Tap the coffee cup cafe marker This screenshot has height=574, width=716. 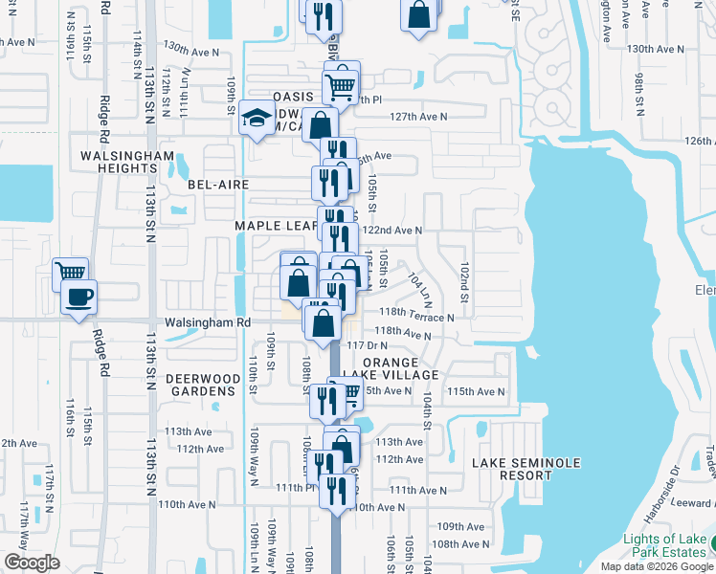click(78, 296)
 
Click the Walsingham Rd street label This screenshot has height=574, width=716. click(207, 323)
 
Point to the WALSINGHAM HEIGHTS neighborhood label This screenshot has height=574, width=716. click(127, 162)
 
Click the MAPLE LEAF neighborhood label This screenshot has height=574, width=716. click(276, 226)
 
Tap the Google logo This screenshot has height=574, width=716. click(32, 563)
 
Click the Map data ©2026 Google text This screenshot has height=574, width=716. click(657, 566)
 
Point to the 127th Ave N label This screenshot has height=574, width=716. click(418, 117)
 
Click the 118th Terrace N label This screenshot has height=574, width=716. click(415, 317)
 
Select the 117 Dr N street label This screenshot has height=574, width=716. click(368, 344)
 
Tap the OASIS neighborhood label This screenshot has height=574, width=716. click(293, 97)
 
